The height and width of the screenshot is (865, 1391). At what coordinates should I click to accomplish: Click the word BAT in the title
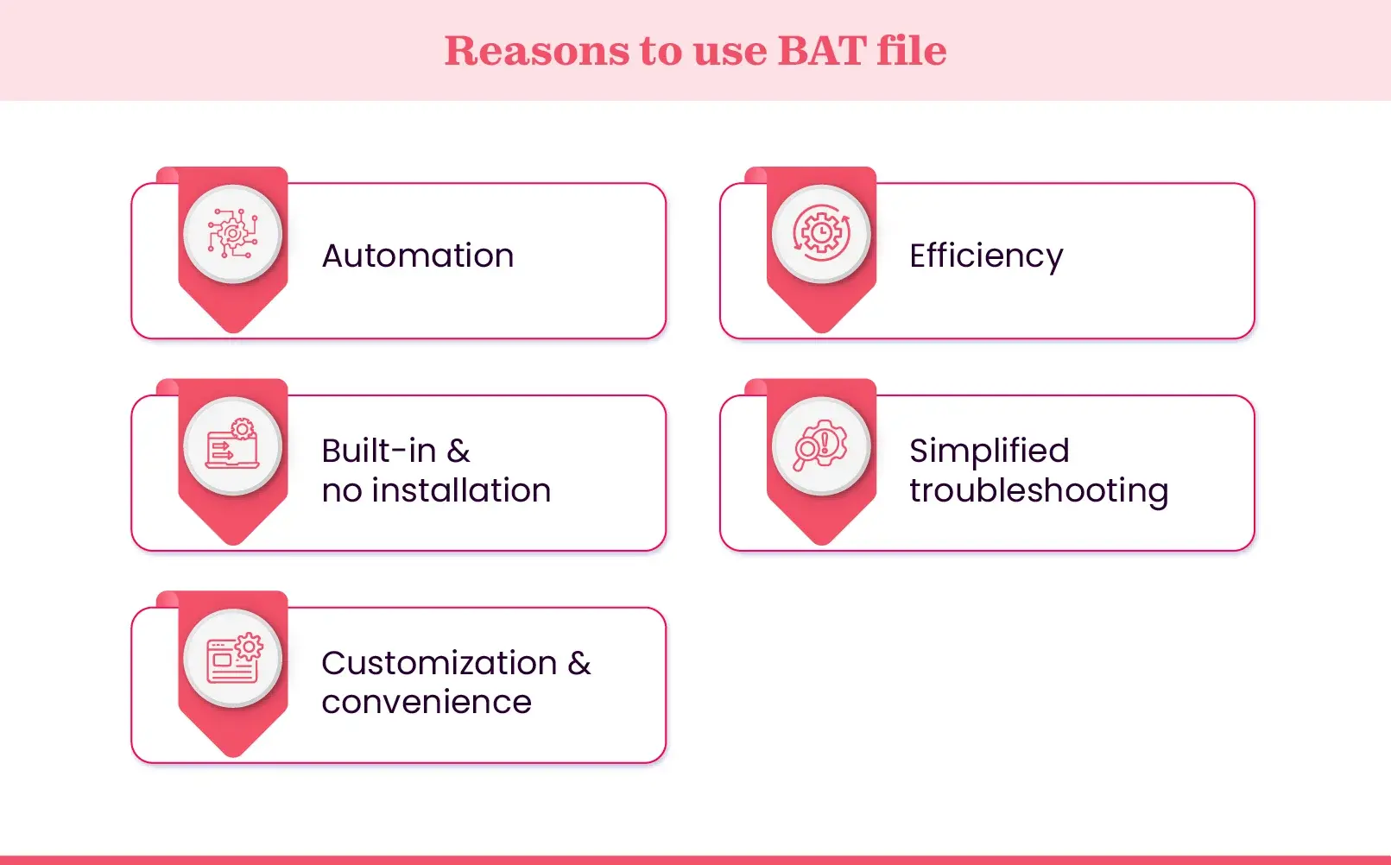click(x=821, y=50)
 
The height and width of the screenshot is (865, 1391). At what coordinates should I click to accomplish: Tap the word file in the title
click(x=911, y=50)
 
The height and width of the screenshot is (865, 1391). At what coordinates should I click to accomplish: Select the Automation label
click(x=418, y=256)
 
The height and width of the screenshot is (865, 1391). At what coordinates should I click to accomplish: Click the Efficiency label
click(x=985, y=256)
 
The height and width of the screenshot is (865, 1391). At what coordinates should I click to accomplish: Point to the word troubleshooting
click(x=1038, y=490)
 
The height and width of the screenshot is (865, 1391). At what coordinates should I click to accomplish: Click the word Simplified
click(x=989, y=451)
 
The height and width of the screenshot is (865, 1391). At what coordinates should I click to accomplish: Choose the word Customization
click(x=439, y=663)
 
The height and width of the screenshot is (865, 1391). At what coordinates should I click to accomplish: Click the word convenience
click(x=427, y=702)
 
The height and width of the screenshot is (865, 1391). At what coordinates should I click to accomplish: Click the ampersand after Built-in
click(x=458, y=451)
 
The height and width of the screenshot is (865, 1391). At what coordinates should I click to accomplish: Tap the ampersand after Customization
click(x=579, y=663)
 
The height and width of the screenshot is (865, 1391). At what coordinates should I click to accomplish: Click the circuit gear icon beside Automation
click(x=232, y=233)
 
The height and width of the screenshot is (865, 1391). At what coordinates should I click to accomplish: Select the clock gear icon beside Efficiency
click(x=821, y=233)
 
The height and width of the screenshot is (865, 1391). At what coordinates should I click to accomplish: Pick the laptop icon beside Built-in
click(x=232, y=445)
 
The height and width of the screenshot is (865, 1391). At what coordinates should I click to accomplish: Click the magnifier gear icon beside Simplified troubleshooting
click(x=821, y=445)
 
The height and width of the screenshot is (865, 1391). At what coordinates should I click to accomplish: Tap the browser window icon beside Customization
click(x=232, y=658)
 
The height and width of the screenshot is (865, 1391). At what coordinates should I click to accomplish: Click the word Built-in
click(x=378, y=451)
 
